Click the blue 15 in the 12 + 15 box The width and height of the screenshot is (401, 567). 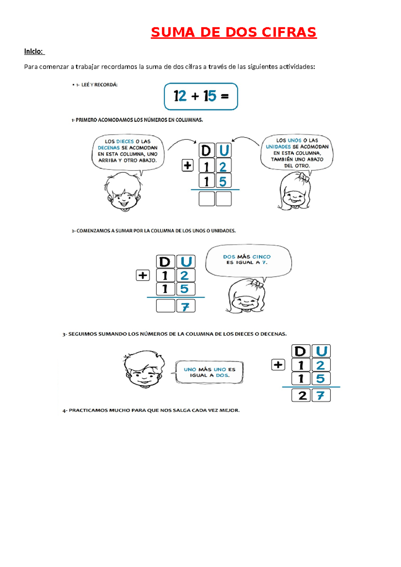point(210,96)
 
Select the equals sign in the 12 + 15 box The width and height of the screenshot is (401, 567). point(225,97)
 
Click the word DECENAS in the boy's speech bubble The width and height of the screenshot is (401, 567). point(109,148)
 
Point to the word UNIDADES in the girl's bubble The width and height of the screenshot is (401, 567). point(278,147)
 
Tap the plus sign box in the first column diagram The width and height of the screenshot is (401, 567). point(187,165)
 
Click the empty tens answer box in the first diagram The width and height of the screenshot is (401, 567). point(207,199)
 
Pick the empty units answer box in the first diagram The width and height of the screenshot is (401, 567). point(224,199)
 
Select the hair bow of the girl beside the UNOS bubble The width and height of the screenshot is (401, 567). point(303,177)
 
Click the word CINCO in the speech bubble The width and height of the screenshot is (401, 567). point(261,257)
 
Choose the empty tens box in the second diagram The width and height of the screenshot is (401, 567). point(165,306)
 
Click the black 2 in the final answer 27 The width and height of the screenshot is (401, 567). point(302,395)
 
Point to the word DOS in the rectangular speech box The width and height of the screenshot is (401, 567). point(222,375)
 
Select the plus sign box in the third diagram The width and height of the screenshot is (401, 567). point(278,365)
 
